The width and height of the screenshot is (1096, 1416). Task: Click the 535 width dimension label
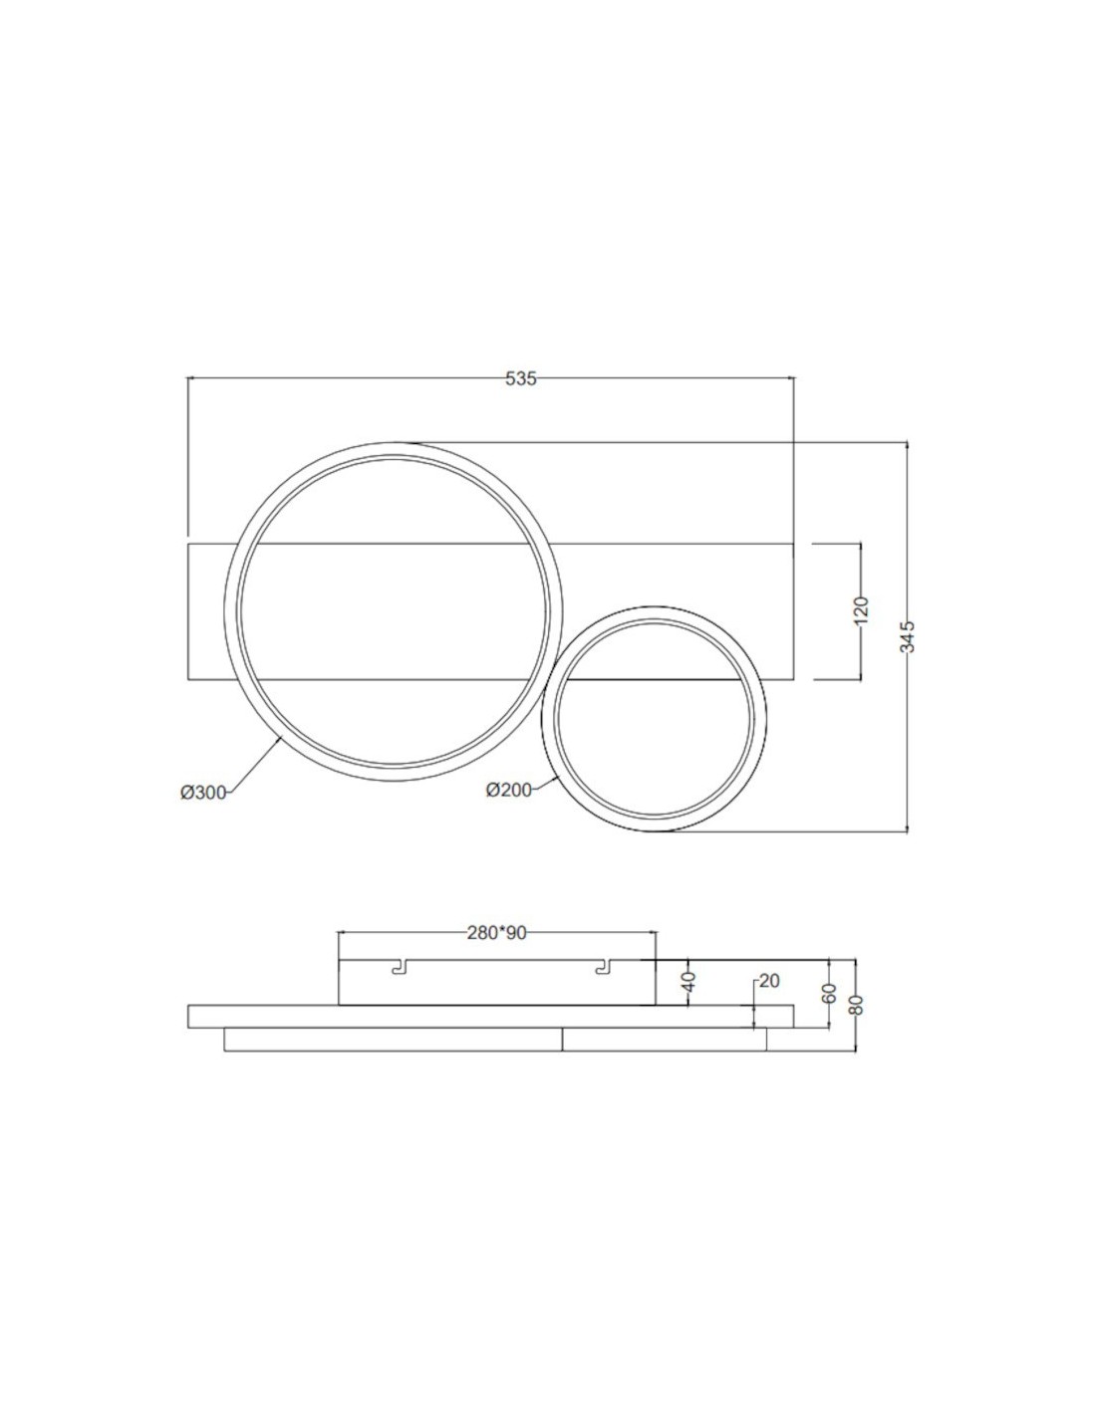pos(521,378)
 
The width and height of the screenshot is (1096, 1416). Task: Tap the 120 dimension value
pos(861,610)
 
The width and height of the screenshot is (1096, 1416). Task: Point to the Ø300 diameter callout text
pos(203,793)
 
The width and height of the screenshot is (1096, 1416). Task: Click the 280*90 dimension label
pos(496,933)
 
